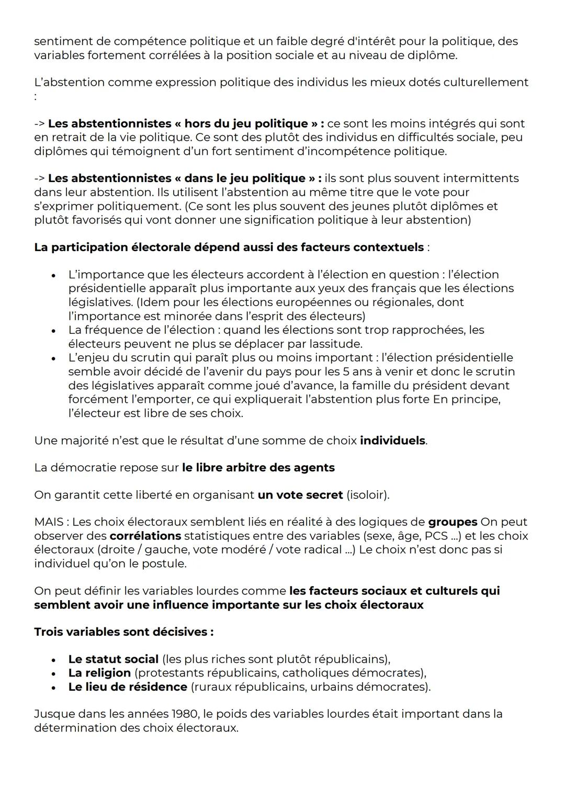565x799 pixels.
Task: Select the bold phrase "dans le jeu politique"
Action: coord(245,178)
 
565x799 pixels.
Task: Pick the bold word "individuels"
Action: coord(392,441)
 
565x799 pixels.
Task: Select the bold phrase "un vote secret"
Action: coord(300,495)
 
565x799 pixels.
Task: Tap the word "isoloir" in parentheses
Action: coord(367,495)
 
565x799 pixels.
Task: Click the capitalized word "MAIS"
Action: coord(50,522)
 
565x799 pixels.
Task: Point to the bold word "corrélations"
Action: coord(145,536)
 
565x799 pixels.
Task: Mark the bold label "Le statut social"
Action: coord(113,659)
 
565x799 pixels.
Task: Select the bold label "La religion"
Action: coord(99,673)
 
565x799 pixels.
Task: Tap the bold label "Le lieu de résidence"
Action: coord(128,687)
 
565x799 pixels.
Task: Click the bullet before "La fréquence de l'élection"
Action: coord(53,331)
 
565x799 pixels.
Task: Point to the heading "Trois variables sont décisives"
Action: coord(123,632)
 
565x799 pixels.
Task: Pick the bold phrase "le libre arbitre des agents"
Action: coord(258,468)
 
